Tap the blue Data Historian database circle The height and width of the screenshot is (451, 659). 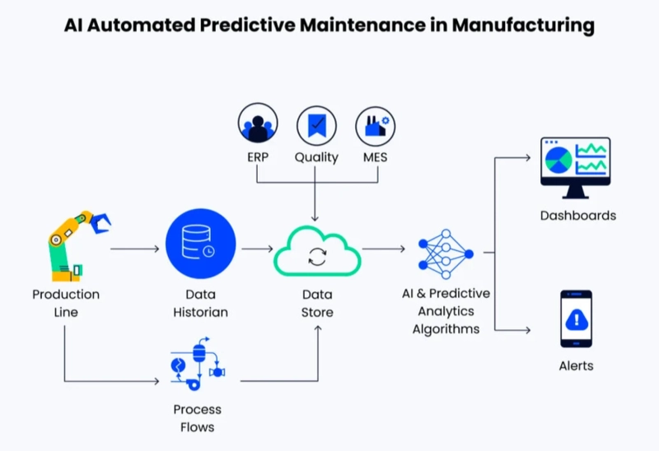[x=200, y=245]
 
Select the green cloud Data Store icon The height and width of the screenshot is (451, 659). [x=317, y=251]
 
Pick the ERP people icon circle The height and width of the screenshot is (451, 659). [x=258, y=125]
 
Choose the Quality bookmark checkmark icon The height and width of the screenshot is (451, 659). [x=316, y=125]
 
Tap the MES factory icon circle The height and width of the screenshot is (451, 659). [x=376, y=125]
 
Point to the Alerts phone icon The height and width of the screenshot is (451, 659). [x=576, y=318]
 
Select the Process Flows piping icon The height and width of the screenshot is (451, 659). [x=199, y=362]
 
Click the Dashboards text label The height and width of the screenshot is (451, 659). [x=577, y=216]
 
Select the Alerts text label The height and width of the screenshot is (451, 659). [x=576, y=365]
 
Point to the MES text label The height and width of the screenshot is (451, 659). [x=376, y=156]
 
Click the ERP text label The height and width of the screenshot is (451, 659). [x=258, y=156]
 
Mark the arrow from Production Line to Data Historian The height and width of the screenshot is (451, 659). [x=134, y=248]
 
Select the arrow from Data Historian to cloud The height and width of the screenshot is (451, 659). [x=257, y=248]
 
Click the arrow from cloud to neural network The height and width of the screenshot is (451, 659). [x=383, y=248]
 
